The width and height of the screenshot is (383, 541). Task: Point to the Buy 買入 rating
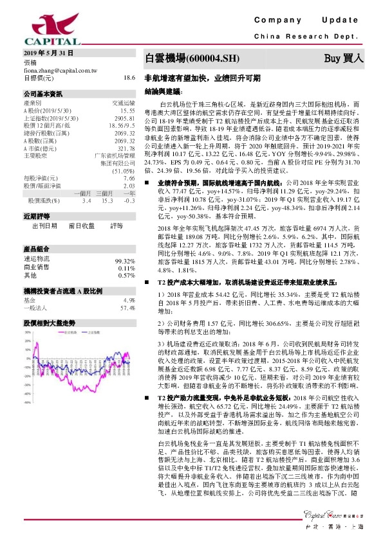click(x=344, y=58)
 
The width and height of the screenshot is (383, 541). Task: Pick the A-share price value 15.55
click(x=127, y=111)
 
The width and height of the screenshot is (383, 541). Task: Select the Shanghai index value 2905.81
click(x=124, y=118)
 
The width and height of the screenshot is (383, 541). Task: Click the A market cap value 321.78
click(x=126, y=148)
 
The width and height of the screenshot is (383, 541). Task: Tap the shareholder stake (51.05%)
click(x=122, y=172)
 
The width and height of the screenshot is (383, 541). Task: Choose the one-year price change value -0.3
click(x=129, y=201)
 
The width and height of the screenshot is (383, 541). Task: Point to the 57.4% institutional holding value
click(x=127, y=308)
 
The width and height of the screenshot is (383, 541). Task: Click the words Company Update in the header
click(x=310, y=21)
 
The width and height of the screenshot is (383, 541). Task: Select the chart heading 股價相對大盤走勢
click(x=50, y=322)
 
